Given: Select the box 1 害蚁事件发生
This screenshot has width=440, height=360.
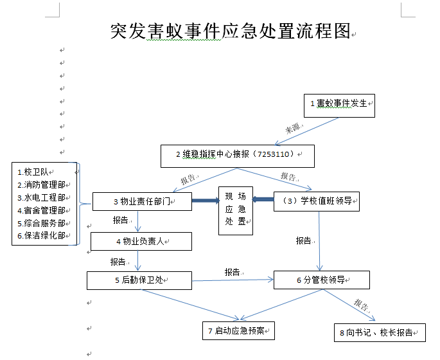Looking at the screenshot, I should [339, 104].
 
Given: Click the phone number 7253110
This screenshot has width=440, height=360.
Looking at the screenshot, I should [274, 155].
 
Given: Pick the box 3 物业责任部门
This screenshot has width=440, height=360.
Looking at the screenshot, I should [142, 202].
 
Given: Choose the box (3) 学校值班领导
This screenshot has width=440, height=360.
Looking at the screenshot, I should [316, 201].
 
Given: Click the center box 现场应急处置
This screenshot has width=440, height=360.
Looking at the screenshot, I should [235, 210].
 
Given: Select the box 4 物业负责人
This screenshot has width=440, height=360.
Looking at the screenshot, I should [141, 241].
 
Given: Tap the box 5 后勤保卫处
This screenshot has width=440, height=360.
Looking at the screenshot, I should [139, 280].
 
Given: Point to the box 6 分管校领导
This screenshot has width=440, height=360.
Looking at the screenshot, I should [321, 280].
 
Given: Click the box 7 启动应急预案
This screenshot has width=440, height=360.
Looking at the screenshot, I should [238, 331].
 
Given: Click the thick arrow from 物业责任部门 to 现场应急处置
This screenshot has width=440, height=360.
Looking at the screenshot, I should [205, 201].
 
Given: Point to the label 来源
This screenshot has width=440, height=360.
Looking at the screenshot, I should [293, 128].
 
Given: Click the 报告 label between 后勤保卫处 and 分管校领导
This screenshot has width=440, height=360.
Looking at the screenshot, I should [233, 273].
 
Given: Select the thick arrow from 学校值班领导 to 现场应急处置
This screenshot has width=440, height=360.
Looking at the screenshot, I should [263, 199].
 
